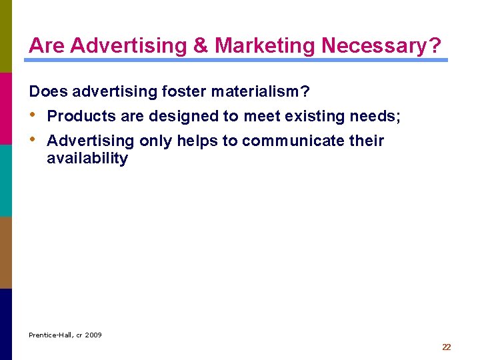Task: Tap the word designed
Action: pyautogui.click(x=184, y=116)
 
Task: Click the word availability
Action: pyautogui.click(x=87, y=158)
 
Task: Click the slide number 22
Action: pyautogui.click(x=447, y=347)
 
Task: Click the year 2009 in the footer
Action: pyautogui.click(x=93, y=335)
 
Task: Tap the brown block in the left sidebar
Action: pyautogui.click(x=6, y=252)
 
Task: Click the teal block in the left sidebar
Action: pyautogui.click(x=6, y=180)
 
